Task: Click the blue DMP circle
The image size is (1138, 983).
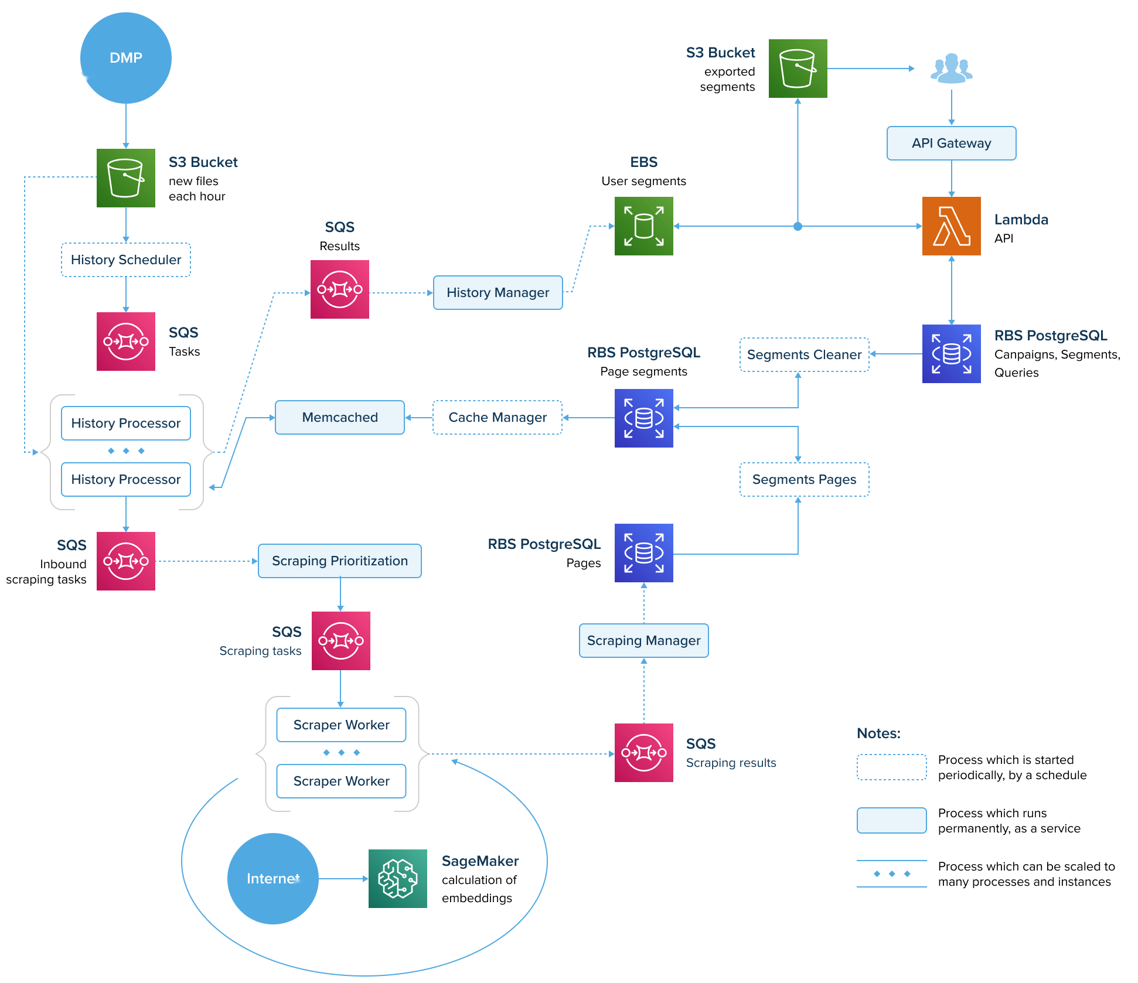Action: [x=125, y=58]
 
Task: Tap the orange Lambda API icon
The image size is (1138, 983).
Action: [x=951, y=226]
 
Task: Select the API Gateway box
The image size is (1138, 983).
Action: [x=951, y=143]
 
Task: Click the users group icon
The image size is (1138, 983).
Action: [x=951, y=69]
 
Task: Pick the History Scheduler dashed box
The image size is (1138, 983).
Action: [x=125, y=260]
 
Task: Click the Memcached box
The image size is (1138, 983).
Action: [x=339, y=417]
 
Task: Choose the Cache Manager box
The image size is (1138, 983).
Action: [x=497, y=417]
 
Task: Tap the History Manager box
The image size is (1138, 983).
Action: [x=498, y=292]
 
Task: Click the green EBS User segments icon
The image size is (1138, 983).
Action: [x=643, y=226]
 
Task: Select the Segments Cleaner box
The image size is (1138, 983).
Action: [x=804, y=354]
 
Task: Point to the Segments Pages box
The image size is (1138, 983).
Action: [x=804, y=479]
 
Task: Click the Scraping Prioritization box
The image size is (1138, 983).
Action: [x=339, y=561]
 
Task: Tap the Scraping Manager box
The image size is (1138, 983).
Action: [x=643, y=640]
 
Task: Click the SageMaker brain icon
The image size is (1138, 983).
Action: [x=397, y=878]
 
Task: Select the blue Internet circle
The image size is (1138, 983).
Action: [x=272, y=878]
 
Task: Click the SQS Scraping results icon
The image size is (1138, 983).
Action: [x=643, y=752]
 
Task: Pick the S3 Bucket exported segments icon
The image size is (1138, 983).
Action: [x=798, y=69]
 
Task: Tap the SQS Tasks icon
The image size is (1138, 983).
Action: [x=125, y=341]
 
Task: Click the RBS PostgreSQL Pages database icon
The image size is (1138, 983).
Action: [x=643, y=552]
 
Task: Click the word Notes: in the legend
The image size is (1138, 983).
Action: [x=878, y=733]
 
